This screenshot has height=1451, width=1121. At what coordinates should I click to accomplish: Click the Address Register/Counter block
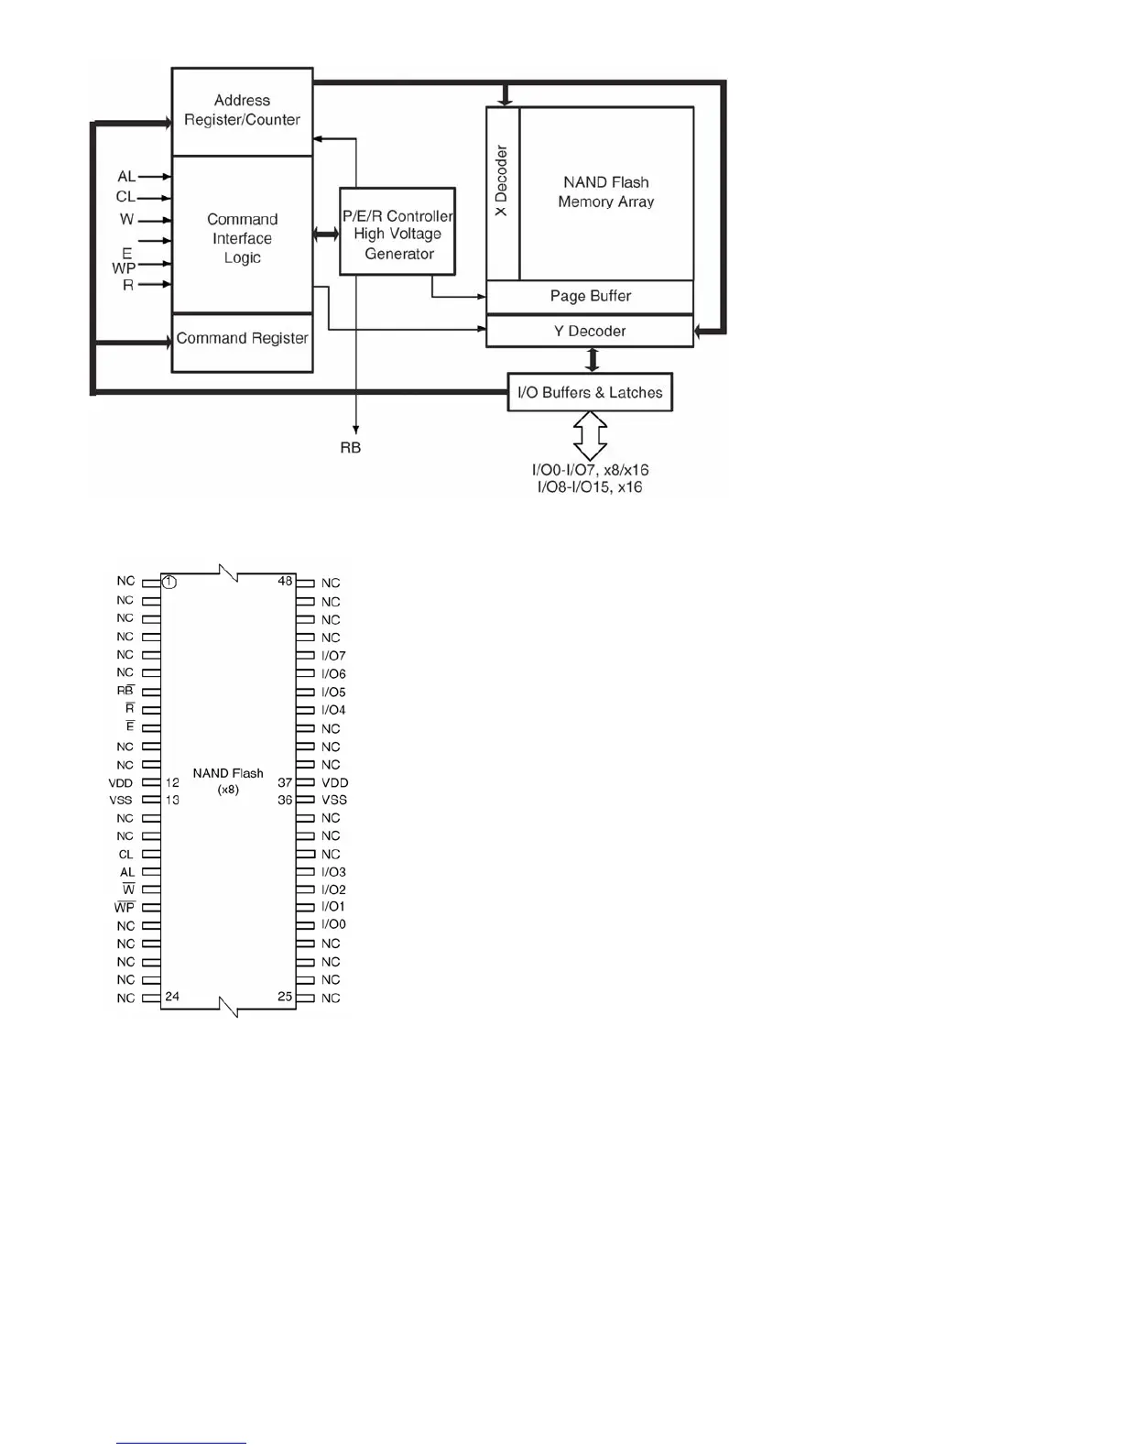click(x=242, y=111)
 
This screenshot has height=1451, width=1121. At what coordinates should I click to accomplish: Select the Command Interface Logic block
click(x=242, y=237)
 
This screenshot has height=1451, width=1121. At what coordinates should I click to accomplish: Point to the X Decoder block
click(x=502, y=192)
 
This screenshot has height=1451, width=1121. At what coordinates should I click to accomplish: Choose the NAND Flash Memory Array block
click(x=606, y=192)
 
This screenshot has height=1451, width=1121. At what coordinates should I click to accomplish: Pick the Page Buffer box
click(x=590, y=296)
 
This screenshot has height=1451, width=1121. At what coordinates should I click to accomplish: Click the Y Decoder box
click(x=590, y=331)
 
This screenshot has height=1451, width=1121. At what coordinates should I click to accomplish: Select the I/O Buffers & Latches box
click(x=590, y=392)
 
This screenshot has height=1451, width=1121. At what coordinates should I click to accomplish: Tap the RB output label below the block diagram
click(x=351, y=448)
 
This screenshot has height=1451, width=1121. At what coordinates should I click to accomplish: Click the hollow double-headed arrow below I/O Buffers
click(x=591, y=435)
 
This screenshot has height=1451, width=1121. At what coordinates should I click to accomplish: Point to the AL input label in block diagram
click(x=126, y=177)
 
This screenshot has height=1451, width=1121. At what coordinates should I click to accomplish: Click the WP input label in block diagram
click(x=124, y=268)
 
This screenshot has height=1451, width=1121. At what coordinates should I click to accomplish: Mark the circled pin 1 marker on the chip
click(x=169, y=582)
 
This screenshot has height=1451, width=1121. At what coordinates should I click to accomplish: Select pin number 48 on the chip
click(x=285, y=582)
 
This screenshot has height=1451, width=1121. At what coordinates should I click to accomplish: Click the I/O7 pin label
click(x=333, y=656)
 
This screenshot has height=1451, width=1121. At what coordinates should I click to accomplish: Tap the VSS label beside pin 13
click(x=121, y=800)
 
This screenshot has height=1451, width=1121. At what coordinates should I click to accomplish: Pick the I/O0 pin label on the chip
click(x=333, y=924)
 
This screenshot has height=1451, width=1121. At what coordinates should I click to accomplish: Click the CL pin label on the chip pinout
click(x=126, y=854)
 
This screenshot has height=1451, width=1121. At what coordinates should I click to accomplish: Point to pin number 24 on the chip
click(x=172, y=996)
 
